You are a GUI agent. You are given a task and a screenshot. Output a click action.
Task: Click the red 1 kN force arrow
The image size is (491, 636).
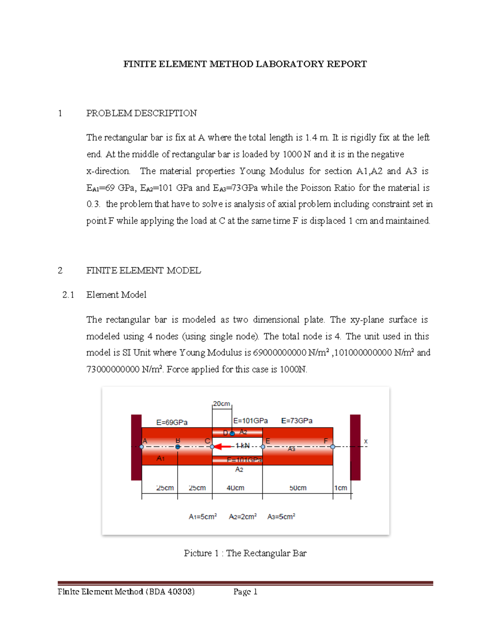point(222,446)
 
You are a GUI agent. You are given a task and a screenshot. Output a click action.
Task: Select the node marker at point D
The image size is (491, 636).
point(232,433)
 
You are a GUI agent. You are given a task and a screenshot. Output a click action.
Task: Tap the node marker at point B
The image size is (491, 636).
point(178,447)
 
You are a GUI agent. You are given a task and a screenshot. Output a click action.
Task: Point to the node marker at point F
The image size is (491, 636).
point(333,447)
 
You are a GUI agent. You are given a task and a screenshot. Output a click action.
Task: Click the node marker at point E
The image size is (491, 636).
point(263,447)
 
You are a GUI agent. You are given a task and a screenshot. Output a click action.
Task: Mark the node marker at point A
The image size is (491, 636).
point(142,447)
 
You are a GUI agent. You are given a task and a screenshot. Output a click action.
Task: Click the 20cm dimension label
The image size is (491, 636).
point(221,404)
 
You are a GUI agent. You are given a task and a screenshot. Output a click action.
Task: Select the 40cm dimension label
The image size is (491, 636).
point(235,488)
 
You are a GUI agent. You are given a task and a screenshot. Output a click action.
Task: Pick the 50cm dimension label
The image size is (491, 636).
point(298,488)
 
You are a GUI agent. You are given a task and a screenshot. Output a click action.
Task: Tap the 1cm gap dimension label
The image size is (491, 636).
point(340,488)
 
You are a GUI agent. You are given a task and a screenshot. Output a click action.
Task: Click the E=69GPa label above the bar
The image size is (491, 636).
point(172,422)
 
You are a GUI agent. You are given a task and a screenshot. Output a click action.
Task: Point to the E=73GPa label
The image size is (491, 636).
point(297,421)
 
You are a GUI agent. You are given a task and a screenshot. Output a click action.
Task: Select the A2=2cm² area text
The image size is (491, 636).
point(243,517)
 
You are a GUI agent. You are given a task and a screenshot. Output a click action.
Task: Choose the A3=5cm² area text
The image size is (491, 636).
point(281,517)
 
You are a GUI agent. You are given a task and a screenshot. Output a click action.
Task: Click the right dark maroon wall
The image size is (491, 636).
point(355,447)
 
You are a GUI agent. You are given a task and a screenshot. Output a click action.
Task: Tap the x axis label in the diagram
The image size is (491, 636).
point(366,441)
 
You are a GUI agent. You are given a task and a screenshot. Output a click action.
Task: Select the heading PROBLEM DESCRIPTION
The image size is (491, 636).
point(141,113)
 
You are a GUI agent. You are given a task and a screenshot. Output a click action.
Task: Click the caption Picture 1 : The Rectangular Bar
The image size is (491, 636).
point(245,553)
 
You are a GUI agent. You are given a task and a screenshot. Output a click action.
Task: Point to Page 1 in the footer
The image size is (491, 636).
point(245,592)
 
